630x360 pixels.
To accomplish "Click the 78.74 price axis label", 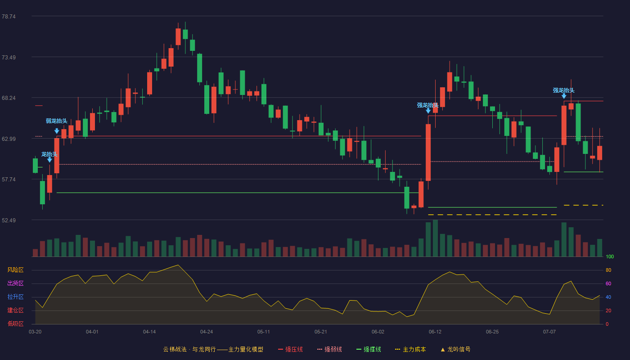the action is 9,17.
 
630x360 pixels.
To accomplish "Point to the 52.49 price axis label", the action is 9,220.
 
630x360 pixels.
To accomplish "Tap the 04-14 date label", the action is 149,332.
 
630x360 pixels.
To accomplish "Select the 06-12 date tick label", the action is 435,332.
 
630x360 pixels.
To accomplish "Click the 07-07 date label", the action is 549,332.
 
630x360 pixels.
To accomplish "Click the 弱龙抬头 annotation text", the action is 57,121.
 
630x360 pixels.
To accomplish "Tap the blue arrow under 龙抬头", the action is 49,160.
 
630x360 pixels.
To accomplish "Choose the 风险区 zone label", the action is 15,270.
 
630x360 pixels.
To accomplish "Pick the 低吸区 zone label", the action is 15,324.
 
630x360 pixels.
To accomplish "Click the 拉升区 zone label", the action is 15,297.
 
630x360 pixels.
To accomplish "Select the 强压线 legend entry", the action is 290,349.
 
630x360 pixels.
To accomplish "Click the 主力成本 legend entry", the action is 410,349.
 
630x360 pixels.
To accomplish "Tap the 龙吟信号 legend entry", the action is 455,349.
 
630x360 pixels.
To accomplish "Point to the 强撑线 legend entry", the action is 369,349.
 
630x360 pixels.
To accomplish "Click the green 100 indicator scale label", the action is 610,256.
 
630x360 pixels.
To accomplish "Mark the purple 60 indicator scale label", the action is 608,283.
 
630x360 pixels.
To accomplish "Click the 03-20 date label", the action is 35,332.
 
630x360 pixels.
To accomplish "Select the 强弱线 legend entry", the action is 329,349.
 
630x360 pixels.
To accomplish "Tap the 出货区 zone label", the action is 15,283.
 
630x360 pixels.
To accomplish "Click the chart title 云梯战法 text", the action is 175,349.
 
